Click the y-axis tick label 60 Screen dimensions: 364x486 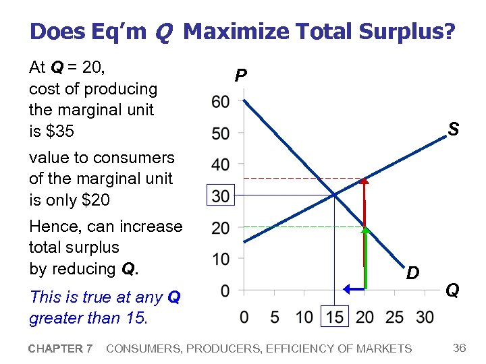click(221, 102)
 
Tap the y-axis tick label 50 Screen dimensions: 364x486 click(221, 133)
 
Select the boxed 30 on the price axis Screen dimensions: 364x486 click(221, 196)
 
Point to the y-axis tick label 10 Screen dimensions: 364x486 click(221, 259)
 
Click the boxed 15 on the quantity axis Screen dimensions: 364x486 click(334, 317)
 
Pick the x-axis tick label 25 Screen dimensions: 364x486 click(395, 317)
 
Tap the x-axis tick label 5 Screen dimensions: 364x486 click(274, 317)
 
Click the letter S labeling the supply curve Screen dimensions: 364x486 click(454, 129)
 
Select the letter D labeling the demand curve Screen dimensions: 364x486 click(413, 272)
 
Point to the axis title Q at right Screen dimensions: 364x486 click(453, 290)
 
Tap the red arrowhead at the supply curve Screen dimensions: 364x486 click(364, 180)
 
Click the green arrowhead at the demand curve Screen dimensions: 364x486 click(364, 230)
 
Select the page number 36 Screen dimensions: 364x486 click(460, 348)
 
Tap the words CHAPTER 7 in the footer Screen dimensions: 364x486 click(61, 348)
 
